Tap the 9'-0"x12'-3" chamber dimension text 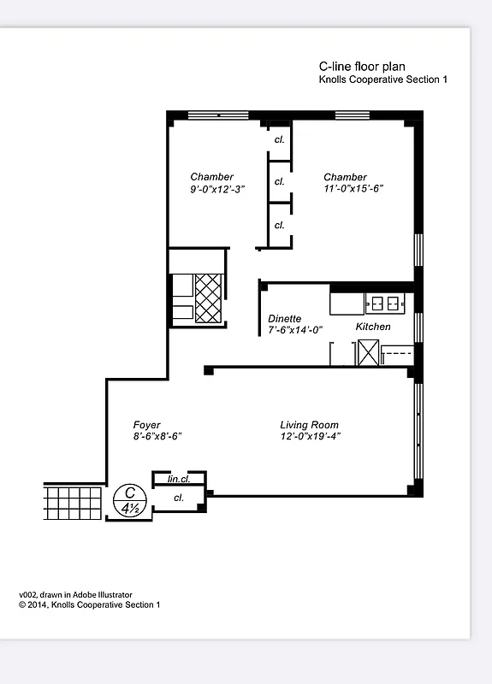click(x=217, y=190)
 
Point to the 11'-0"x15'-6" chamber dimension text click(x=353, y=190)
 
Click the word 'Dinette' click(x=284, y=318)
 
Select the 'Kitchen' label click(x=373, y=327)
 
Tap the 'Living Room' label click(x=309, y=425)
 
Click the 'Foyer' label click(x=146, y=425)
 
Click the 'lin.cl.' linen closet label click(x=178, y=480)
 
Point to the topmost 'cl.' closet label click(x=279, y=139)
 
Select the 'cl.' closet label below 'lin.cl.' click(x=179, y=497)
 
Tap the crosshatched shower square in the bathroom click(x=209, y=298)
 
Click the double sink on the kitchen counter click(x=384, y=302)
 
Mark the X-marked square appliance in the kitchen click(x=369, y=352)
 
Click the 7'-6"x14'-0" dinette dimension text click(x=294, y=329)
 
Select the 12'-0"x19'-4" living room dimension click(x=309, y=436)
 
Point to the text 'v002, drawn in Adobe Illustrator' click(x=75, y=594)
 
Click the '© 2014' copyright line click(x=89, y=604)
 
